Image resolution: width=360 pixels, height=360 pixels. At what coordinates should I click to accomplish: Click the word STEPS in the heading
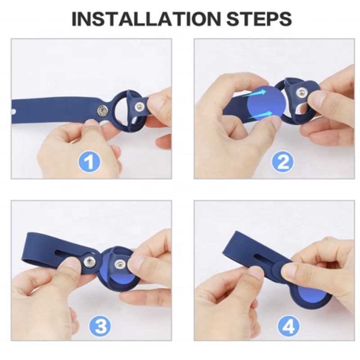pos(259,19)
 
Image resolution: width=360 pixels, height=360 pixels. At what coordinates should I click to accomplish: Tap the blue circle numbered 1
pos(90,162)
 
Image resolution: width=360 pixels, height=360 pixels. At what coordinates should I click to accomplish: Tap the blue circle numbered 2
pos(283,162)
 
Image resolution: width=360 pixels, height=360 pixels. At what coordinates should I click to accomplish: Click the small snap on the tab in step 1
pos(139,106)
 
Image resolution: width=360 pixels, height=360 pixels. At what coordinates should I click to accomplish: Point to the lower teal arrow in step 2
pos(260,114)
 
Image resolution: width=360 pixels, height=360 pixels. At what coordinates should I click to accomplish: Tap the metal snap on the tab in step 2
pos(301,93)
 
